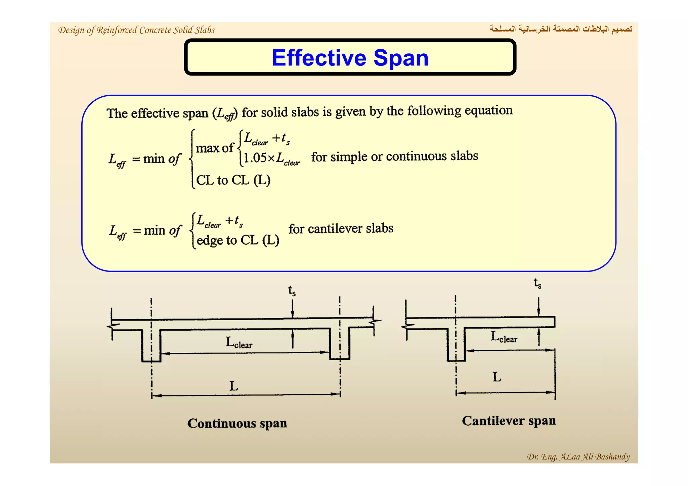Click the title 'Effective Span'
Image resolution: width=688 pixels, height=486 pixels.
click(x=350, y=58)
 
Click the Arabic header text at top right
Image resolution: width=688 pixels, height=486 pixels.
click(x=561, y=29)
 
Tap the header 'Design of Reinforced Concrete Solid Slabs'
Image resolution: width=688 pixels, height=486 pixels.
click(x=136, y=30)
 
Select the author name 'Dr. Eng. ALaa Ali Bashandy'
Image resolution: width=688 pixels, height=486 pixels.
click(x=578, y=456)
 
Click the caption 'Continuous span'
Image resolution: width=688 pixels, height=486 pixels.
click(x=237, y=423)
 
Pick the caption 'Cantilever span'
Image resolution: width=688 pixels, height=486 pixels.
click(x=509, y=421)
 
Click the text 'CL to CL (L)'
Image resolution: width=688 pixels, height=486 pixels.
click(x=233, y=180)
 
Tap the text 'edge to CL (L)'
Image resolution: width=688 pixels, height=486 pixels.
click(x=238, y=240)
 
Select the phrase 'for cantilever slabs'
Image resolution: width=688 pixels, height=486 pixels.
click(x=341, y=229)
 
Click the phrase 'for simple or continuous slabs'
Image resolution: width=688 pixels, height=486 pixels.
click(x=394, y=156)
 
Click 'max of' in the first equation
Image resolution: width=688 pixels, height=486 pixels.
click(x=214, y=148)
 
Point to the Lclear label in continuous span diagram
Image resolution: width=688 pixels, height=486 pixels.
click(x=239, y=343)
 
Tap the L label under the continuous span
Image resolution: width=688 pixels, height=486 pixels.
click(x=233, y=386)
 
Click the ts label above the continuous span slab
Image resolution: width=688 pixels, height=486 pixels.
click(x=292, y=291)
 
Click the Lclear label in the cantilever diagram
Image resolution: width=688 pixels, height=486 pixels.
click(x=504, y=337)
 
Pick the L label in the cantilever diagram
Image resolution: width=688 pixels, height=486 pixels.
click(x=497, y=377)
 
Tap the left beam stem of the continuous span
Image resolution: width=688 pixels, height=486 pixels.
click(x=151, y=346)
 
